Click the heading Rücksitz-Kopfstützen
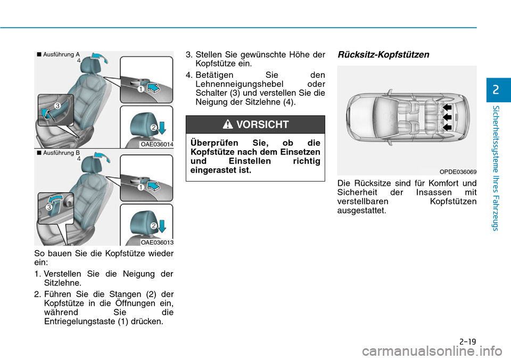click(x=383, y=55)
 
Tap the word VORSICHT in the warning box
click(x=262, y=125)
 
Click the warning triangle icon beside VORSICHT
click(x=228, y=125)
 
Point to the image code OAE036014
click(x=156, y=144)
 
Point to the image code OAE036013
click(x=156, y=242)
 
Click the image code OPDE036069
click(x=458, y=171)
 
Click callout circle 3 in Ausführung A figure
click(x=56, y=106)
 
